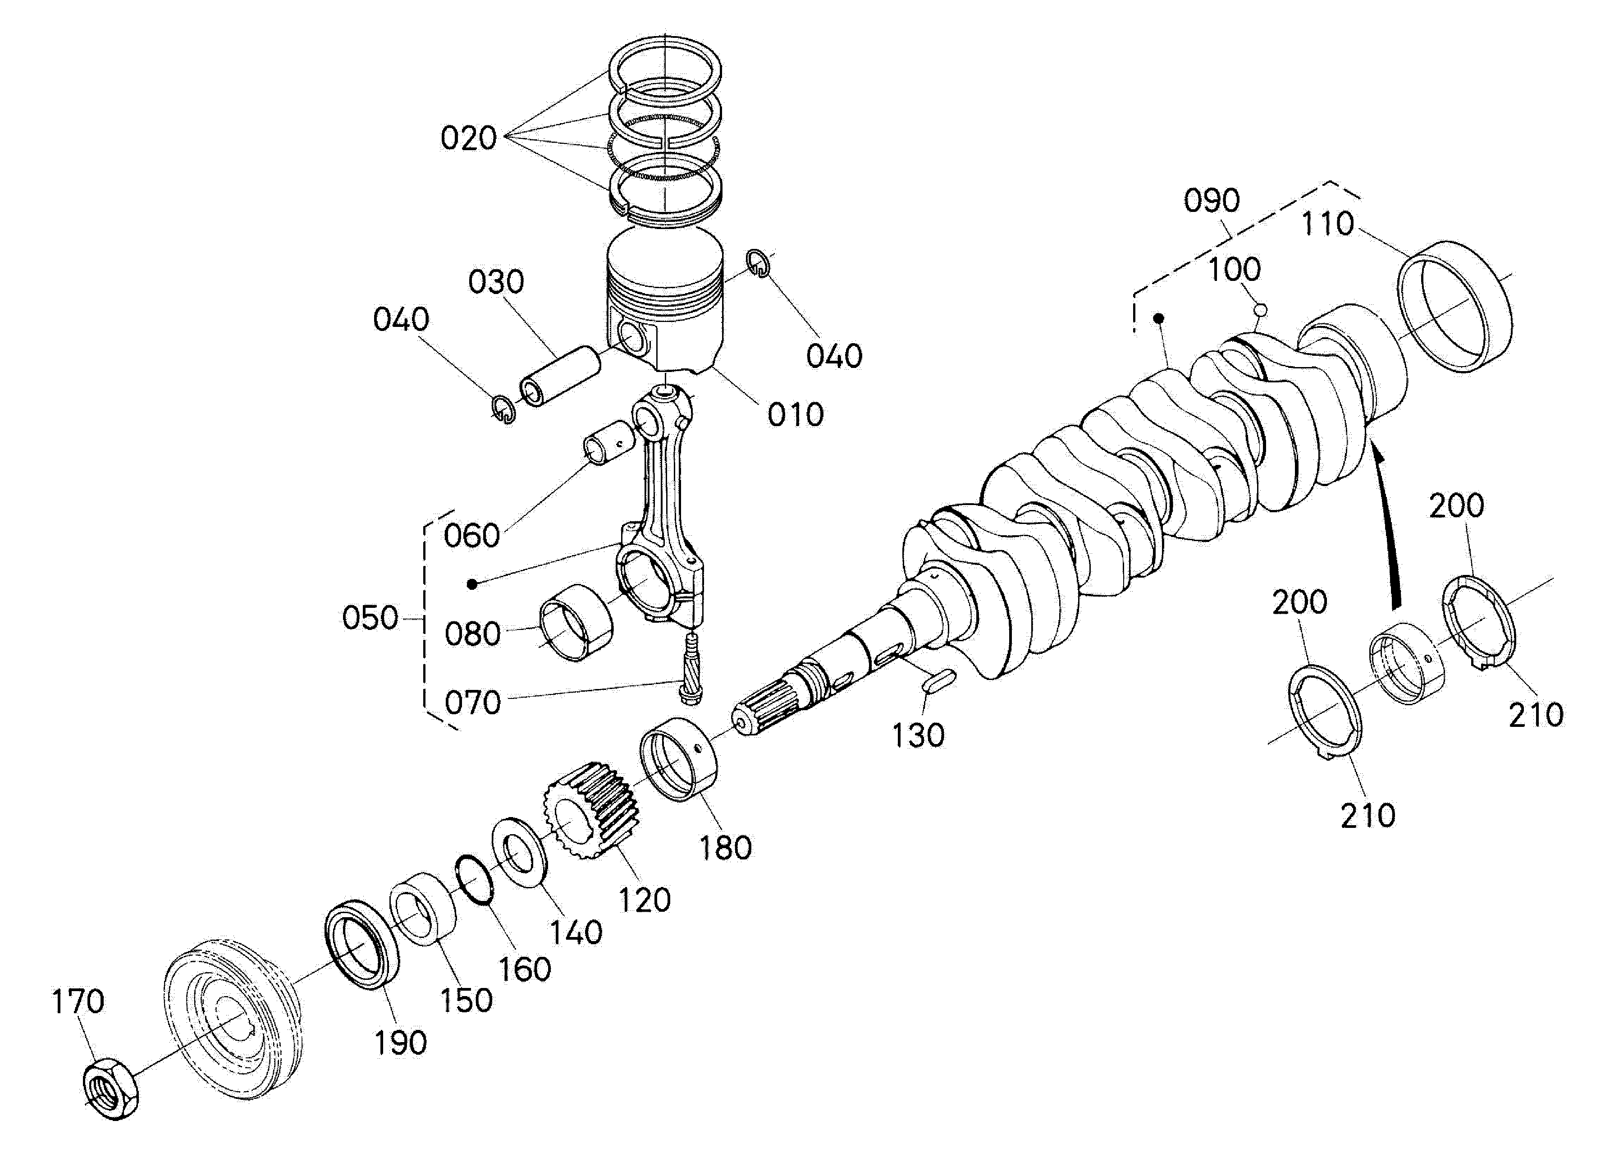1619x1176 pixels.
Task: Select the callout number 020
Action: tap(468, 138)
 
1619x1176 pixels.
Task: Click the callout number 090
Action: tap(1212, 202)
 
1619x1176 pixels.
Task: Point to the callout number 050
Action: tap(370, 618)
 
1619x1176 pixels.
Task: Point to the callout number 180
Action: tap(725, 848)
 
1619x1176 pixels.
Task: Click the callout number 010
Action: tap(795, 415)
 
